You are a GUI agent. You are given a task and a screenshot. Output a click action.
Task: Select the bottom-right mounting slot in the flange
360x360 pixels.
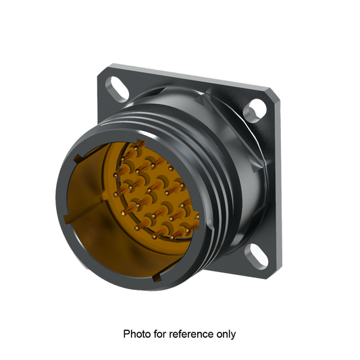258,255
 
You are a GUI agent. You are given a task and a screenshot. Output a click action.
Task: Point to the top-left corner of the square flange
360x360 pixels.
106,66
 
